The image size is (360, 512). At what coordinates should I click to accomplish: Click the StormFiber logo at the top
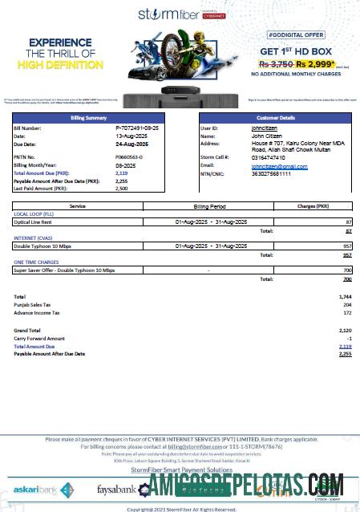click(x=180, y=14)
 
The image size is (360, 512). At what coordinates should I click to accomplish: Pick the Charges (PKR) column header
click(x=313, y=206)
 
